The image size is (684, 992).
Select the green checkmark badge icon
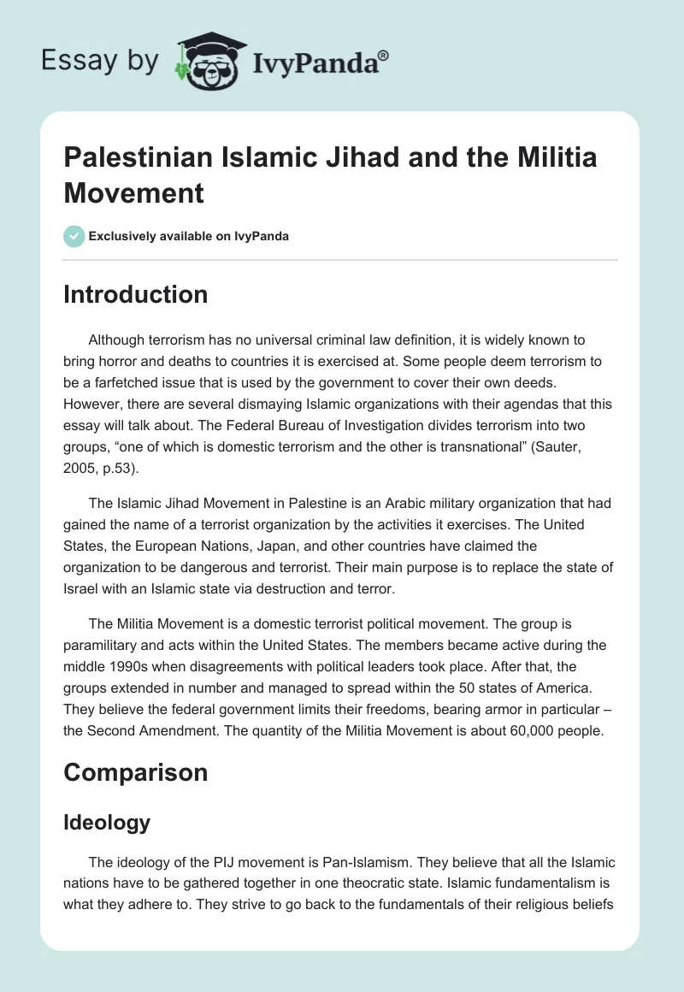click(x=74, y=236)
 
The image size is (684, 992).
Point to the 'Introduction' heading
click(x=135, y=294)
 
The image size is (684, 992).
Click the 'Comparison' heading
click(x=136, y=772)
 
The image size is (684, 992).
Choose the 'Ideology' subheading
click(x=107, y=823)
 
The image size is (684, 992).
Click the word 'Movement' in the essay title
click(x=134, y=192)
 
